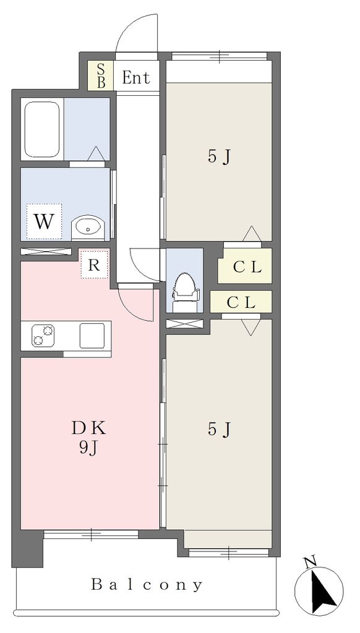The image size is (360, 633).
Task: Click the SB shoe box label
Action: click(x=101, y=75)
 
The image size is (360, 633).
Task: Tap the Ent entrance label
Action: click(x=136, y=77)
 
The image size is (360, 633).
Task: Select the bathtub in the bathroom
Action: click(x=42, y=130)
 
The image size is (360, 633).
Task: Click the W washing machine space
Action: click(x=44, y=221)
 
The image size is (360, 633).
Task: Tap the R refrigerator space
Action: click(x=95, y=265)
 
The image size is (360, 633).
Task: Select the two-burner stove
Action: click(x=43, y=335)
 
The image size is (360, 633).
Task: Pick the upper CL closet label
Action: click(x=247, y=268)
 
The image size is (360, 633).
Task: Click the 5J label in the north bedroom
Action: click(x=219, y=156)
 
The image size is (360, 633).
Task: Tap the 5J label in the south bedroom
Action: click(x=219, y=430)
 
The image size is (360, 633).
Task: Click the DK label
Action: click(x=89, y=428)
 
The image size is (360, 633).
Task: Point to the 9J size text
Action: click(x=89, y=448)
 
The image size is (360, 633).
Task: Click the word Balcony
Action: click(x=147, y=584)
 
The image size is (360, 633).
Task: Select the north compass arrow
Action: click(x=324, y=590)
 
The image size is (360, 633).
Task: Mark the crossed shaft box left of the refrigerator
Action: click(x=46, y=251)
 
